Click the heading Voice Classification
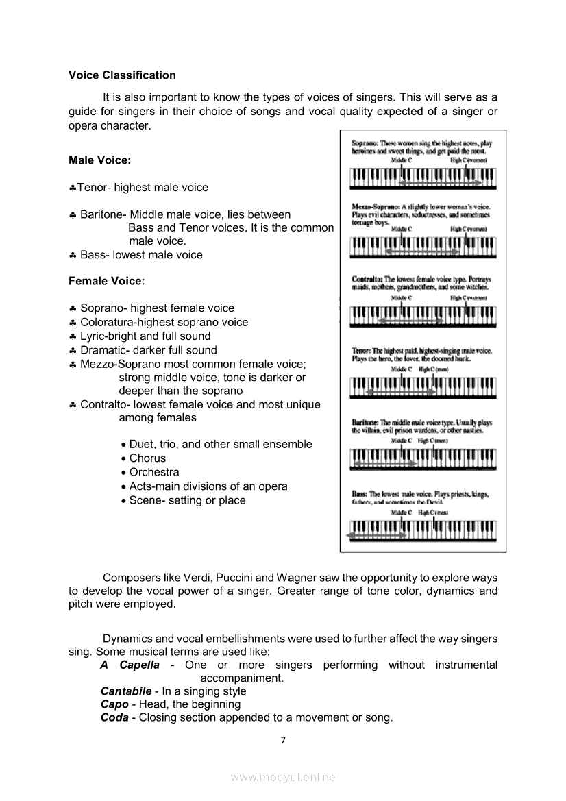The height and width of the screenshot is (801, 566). [122, 75]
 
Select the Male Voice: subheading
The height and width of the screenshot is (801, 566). [99, 160]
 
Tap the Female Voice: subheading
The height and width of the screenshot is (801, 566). [106, 281]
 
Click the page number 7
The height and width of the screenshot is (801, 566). [283, 740]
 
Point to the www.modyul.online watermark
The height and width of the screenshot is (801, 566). [283, 777]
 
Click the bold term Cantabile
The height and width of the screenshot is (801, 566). [126, 691]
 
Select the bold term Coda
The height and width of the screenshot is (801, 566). [114, 717]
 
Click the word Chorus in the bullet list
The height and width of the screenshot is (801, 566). [147, 458]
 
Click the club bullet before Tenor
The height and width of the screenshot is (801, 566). [73, 188]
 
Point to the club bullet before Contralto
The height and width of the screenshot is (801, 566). [73, 405]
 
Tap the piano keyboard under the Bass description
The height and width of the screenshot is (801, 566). [422, 530]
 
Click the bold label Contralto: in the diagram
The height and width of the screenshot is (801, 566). [367, 280]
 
